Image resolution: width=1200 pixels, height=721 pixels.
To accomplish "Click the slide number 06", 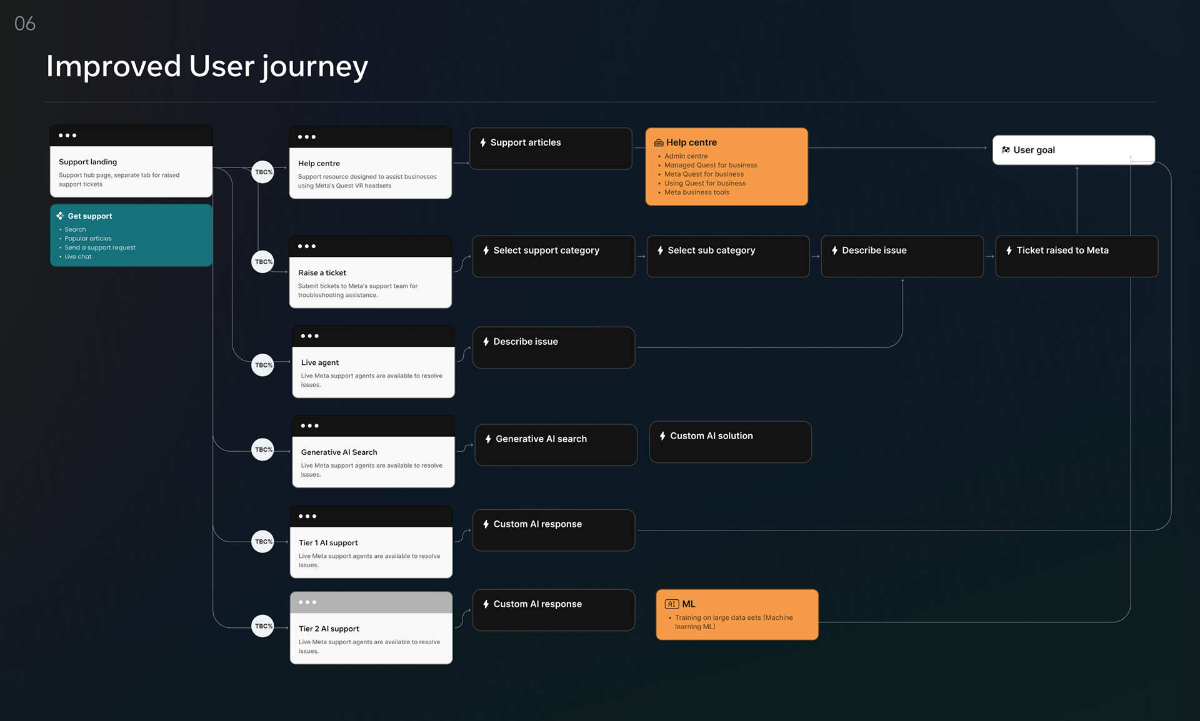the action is (x=25, y=24).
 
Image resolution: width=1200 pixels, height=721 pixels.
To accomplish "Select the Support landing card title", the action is (x=87, y=162).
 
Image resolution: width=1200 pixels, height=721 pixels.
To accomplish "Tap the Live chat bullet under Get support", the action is (x=78, y=257).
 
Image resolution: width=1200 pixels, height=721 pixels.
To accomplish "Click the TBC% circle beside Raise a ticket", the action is (x=263, y=262).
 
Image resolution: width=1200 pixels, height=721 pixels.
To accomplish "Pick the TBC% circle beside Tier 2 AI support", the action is (x=263, y=626).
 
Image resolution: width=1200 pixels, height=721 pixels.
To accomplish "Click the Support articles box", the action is (x=551, y=149).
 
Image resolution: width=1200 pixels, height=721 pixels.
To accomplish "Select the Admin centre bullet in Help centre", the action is (x=686, y=156).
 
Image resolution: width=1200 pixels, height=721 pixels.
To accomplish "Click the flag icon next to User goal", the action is (x=1006, y=150).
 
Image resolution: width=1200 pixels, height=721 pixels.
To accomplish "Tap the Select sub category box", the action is (x=728, y=256).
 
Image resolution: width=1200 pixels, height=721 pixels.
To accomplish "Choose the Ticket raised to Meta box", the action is (x=1077, y=256).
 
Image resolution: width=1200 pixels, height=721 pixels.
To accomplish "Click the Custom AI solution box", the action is (x=731, y=442).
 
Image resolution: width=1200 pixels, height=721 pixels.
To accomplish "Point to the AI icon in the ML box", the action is (x=672, y=604).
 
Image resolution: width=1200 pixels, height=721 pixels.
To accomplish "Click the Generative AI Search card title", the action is (x=339, y=452).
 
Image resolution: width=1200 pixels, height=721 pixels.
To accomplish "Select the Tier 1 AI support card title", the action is (x=329, y=543).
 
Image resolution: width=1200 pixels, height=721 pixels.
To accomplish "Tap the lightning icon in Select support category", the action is (x=486, y=251).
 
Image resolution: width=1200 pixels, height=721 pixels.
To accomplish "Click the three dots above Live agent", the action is (x=309, y=336).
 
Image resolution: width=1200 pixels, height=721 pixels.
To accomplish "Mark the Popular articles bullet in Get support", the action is (x=88, y=239).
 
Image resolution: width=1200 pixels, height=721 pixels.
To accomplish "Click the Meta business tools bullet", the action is (x=697, y=192).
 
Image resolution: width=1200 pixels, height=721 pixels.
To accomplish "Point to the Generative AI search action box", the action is (x=556, y=445).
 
